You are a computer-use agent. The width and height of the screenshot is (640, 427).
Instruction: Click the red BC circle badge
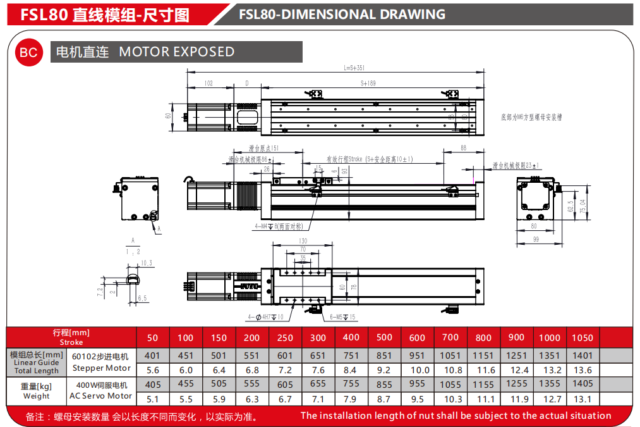[29, 53]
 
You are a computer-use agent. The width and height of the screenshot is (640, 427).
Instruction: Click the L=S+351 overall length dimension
[354, 68]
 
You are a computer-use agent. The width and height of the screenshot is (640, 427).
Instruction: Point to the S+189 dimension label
[368, 83]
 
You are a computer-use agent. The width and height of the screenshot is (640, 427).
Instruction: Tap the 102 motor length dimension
[209, 83]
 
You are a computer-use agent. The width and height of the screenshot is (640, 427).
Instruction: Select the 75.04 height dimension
[583, 206]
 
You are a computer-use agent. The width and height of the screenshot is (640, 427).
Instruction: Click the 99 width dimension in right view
[536, 238]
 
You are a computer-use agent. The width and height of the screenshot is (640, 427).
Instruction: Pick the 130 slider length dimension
[303, 241]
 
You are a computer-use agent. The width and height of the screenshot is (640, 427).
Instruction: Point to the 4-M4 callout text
[278, 226]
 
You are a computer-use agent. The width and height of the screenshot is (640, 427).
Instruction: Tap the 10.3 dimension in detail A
[147, 263]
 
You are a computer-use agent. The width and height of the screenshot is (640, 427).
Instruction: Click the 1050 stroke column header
[582, 338]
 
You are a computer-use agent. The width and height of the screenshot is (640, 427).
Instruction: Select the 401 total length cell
[152, 356]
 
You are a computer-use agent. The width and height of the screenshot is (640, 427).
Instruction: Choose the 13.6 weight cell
[582, 370]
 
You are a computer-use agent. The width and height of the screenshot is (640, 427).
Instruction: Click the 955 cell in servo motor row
[417, 384]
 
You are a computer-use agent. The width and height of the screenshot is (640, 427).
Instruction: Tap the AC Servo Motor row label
[102, 396]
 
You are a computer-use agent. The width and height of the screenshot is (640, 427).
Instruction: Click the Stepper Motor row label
[102, 368]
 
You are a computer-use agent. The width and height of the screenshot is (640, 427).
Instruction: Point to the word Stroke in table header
[71, 342]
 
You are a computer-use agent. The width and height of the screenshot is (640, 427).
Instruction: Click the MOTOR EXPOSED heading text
[176, 52]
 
